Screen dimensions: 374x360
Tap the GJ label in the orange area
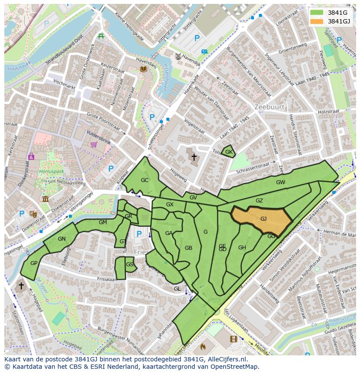(263, 219)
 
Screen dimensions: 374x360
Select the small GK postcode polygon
(229, 152)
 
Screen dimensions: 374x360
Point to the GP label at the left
(34, 263)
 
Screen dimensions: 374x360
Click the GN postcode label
(62, 239)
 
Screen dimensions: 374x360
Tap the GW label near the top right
(280, 182)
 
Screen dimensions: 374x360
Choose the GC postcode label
(145, 180)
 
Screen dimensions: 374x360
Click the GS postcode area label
(130, 265)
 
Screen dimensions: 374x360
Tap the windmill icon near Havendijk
(177, 56)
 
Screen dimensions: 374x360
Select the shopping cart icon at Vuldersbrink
(93, 145)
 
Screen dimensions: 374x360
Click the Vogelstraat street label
(194, 126)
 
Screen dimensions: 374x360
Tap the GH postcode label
(242, 248)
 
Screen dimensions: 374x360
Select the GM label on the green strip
(103, 222)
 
